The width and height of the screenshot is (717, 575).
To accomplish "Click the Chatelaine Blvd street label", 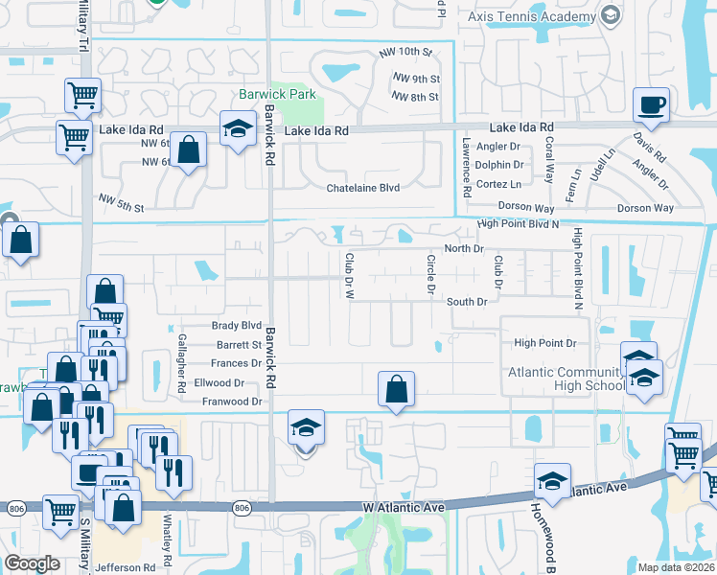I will tap(363, 188).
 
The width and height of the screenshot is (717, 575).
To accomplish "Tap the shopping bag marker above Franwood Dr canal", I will tap(396, 389).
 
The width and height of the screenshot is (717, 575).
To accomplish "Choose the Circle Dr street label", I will tap(431, 274).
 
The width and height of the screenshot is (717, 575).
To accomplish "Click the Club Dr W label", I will tap(349, 273).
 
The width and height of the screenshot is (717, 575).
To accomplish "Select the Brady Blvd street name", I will tap(237, 326).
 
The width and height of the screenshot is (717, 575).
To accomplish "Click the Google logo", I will tap(32, 563).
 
